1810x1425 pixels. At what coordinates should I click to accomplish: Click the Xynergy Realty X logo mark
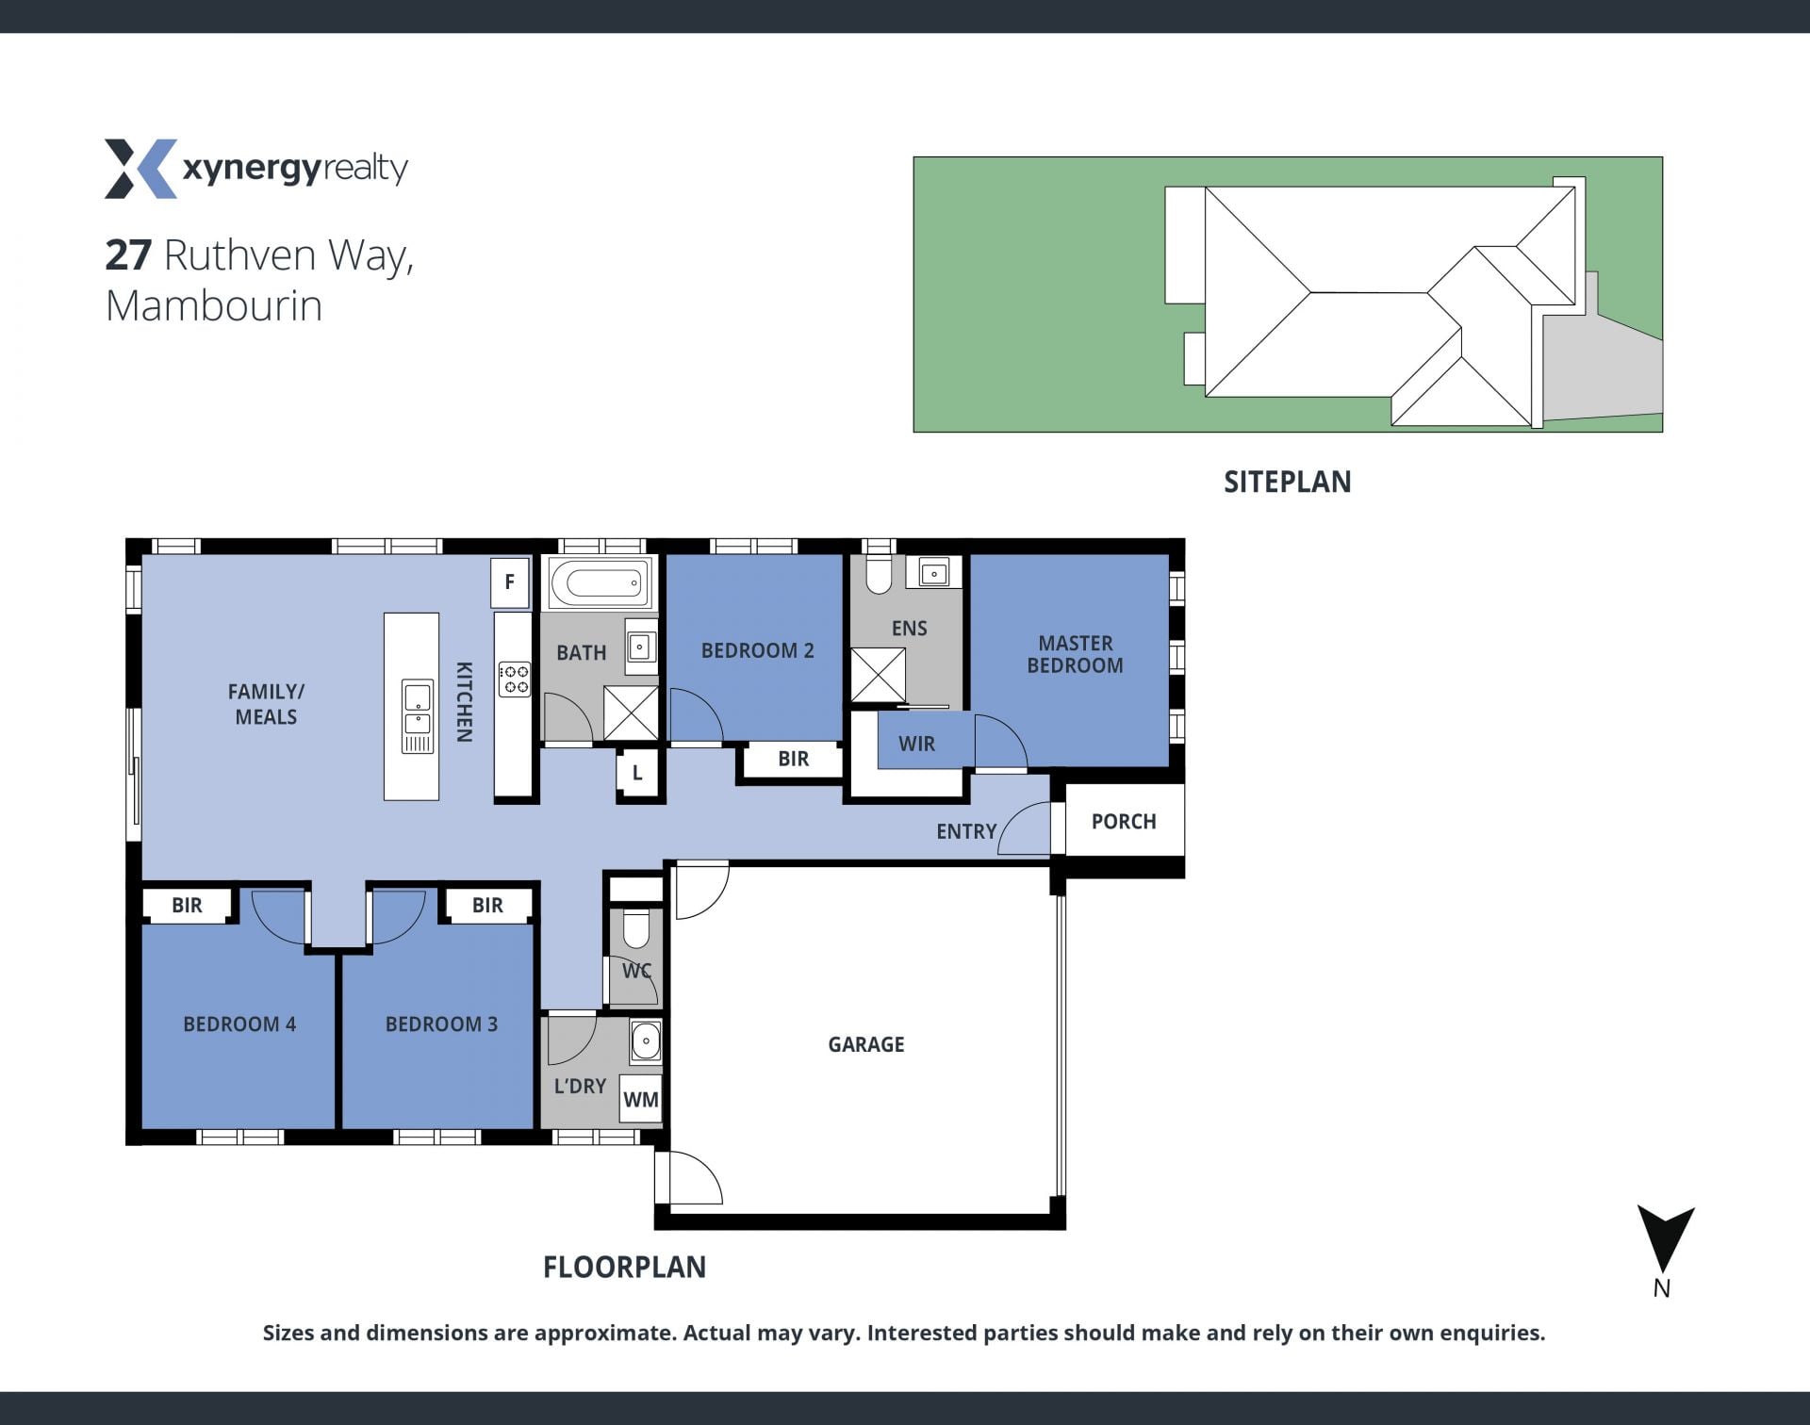[140, 169]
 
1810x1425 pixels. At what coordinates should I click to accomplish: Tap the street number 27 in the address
[128, 254]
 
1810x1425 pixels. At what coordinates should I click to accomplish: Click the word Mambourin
[214, 305]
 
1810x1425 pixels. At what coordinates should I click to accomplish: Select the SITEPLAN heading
[1287, 482]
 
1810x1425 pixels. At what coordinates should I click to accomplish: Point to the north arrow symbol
[1665, 1238]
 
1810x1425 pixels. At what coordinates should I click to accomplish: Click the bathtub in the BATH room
[600, 582]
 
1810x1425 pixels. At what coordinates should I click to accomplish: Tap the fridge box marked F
[509, 582]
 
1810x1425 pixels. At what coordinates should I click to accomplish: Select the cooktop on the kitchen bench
[514, 680]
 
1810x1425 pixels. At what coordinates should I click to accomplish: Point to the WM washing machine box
[641, 1099]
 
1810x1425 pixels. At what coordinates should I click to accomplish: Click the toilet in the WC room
[636, 927]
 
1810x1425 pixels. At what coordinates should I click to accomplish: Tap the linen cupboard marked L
[638, 773]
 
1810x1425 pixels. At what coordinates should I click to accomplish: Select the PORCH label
[1124, 821]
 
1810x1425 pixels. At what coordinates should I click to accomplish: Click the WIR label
[916, 744]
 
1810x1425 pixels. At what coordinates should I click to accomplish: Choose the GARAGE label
[866, 1044]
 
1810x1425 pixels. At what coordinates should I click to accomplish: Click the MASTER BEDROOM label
[1075, 654]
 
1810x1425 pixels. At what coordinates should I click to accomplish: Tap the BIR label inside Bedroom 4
[187, 905]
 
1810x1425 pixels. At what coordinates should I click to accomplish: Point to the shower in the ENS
[878, 675]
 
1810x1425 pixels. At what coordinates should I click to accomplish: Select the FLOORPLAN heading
[624, 1267]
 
